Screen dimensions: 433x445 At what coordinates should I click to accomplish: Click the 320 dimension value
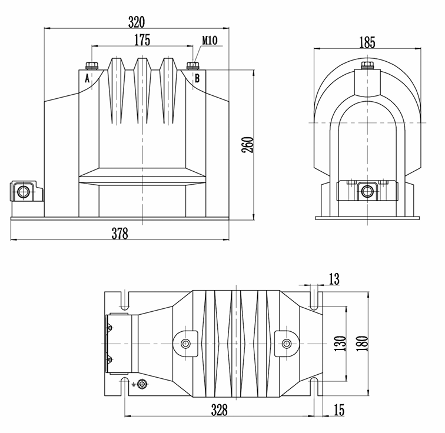(137, 22)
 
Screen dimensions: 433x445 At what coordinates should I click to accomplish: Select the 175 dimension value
(142, 40)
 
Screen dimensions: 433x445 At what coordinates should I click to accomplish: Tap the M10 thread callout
(210, 41)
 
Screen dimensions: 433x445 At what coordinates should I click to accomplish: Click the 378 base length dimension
(119, 234)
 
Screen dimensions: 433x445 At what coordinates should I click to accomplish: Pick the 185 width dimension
(366, 42)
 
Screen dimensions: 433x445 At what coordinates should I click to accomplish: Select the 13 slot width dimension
(334, 280)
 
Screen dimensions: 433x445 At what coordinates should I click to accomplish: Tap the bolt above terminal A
(91, 65)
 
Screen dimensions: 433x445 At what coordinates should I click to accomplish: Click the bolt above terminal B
(192, 65)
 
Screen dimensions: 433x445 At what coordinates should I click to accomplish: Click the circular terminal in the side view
(367, 191)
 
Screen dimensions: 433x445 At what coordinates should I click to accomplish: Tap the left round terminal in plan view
(187, 344)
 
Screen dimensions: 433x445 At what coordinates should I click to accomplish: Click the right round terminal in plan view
(286, 344)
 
